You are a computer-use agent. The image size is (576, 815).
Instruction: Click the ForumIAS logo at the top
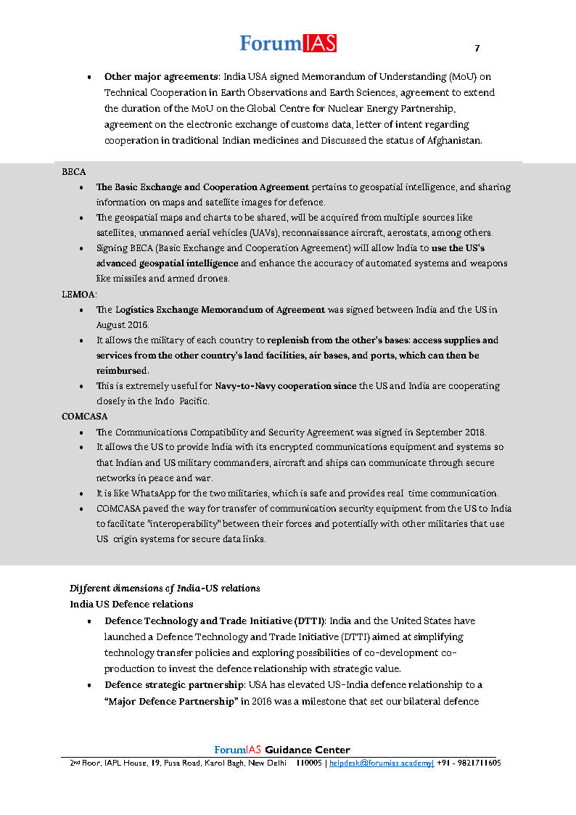pyautogui.click(x=288, y=44)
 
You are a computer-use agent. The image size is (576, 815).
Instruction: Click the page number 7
pyautogui.click(x=477, y=49)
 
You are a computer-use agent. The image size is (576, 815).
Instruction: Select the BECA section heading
pyautogui.click(x=74, y=172)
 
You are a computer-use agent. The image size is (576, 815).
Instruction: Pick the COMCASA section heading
pyautogui.click(x=85, y=417)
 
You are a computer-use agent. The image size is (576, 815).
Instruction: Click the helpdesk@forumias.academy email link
pyautogui.click(x=382, y=763)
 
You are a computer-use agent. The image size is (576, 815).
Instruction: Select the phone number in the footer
pyautogui.click(x=470, y=763)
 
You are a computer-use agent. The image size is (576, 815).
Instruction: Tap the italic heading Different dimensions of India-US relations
pyautogui.click(x=165, y=588)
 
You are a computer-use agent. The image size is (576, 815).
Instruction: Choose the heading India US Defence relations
pyautogui.click(x=131, y=604)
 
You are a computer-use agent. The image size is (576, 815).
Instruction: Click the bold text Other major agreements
pyautogui.click(x=162, y=76)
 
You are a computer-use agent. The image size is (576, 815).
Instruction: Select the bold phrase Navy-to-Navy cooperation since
pyautogui.click(x=285, y=386)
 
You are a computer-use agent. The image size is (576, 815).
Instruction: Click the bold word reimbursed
pyautogui.click(x=122, y=371)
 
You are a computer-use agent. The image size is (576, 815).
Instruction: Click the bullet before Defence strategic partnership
pyautogui.click(x=89, y=686)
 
